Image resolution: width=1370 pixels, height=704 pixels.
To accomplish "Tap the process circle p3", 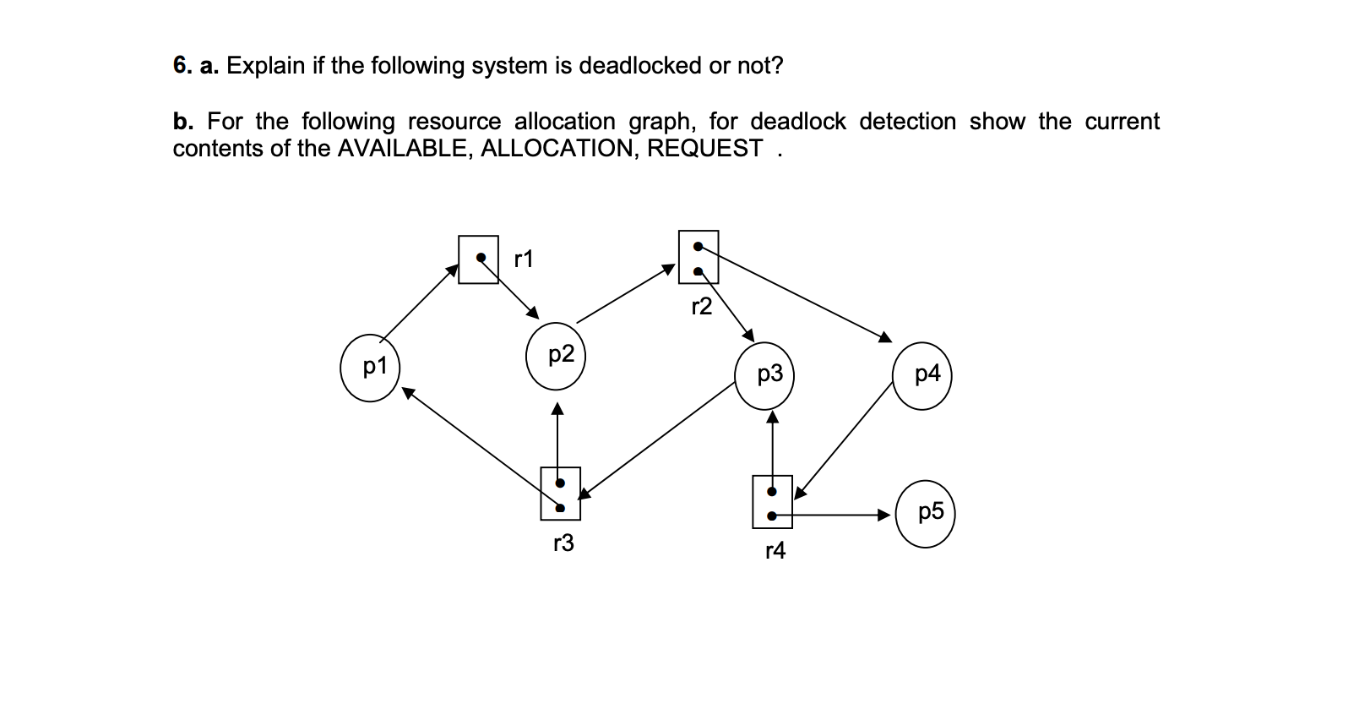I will tap(765, 374).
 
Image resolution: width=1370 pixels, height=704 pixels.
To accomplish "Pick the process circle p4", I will tap(922, 374).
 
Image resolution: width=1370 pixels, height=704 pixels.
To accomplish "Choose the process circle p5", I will tap(926, 513).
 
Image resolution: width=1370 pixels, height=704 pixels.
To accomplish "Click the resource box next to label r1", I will tap(478, 259).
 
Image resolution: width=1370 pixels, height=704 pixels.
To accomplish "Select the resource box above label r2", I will tap(699, 257).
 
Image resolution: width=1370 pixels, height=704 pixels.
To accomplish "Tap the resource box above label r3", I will tap(560, 494).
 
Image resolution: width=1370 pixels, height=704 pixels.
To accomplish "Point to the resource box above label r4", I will tap(772, 502).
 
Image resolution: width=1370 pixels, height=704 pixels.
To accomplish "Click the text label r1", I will tap(524, 259).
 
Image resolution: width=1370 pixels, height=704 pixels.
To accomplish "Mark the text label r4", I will tap(775, 552).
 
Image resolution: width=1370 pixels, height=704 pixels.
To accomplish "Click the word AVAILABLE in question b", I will tap(401, 149).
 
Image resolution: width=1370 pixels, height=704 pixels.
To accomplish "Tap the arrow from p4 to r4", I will tap(845, 438).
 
